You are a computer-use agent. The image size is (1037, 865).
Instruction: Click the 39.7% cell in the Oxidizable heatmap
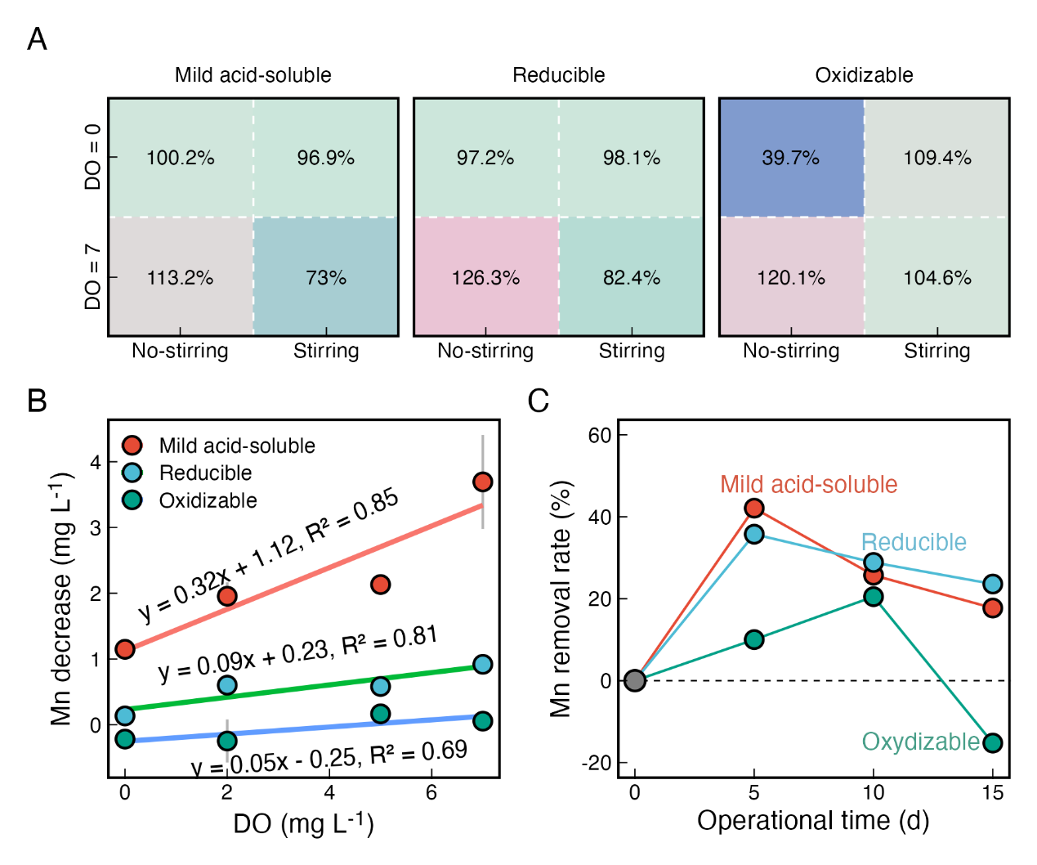tap(790, 158)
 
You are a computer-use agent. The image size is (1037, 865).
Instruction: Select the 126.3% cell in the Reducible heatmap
tap(485, 278)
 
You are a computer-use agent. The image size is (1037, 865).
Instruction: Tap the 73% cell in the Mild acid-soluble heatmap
tap(326, 278)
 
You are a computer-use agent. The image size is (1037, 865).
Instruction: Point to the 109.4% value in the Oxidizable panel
tap(936, 158)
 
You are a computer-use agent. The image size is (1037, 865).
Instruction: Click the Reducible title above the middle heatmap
tap(558, 75)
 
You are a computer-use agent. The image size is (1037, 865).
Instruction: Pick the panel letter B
tap(37, 401)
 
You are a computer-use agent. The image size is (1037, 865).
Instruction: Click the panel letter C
tap(538, 401)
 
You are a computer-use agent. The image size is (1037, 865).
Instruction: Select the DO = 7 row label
tap(93, 277)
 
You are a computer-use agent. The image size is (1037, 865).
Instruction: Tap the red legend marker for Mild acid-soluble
tap(132, 445)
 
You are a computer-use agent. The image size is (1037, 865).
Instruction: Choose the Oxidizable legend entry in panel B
tap(208, 500)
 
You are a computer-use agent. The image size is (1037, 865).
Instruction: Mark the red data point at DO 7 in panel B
tap(482, 482)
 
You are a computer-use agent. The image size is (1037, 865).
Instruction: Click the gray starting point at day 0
tap(634, 680)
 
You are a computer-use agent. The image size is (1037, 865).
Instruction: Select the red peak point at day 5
tap(753, 508)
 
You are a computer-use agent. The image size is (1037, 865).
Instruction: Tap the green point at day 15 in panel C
tap(992, 742)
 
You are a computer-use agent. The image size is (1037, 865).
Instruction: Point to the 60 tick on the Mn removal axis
tap(601, 435)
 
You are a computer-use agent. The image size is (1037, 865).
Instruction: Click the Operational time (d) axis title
tap(812, 820)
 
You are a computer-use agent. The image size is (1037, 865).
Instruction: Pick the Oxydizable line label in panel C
tap(920, 742)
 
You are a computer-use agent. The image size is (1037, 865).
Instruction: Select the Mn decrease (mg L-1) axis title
tap(62, 598)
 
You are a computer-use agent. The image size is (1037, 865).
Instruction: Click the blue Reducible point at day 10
tap(873, 562)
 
